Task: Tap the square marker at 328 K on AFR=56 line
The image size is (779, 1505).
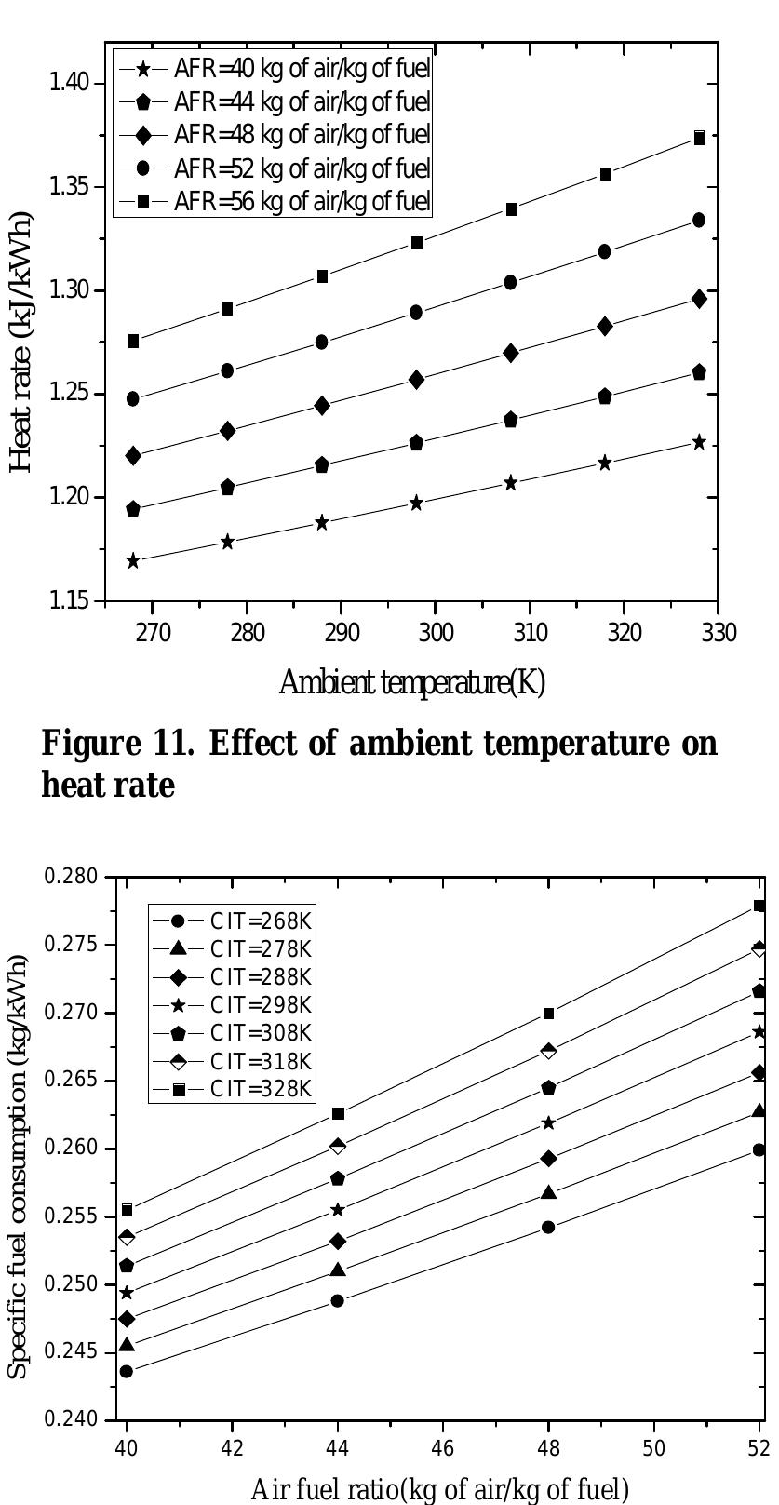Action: pos(699,138)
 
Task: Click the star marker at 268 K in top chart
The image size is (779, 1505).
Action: pos(133,561)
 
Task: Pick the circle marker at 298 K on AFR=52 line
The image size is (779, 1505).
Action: pos(416,313)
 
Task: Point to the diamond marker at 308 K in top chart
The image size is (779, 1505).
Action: pos(511,353)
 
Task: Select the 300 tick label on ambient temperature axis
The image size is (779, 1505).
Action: pos(435,634)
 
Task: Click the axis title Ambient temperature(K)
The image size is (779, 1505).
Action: pos(411,683)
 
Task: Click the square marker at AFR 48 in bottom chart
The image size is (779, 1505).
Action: pos(548,1014)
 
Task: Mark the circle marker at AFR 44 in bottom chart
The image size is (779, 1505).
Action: pos(338,1300)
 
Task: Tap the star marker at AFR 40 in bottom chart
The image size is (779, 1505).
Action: pos(127,1293)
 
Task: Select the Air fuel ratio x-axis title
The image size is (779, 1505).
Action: pos(439,1490)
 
